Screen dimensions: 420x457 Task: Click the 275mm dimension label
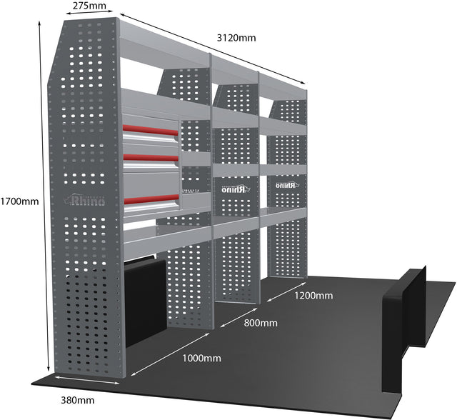[x=89, y=6]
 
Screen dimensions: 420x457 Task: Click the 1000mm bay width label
[x=201, y=356]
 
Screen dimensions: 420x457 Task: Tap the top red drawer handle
[x=150, y=131]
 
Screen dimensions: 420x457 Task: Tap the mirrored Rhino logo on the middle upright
[x=232, y=189]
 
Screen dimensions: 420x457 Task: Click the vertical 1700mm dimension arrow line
[x=39, y=201]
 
